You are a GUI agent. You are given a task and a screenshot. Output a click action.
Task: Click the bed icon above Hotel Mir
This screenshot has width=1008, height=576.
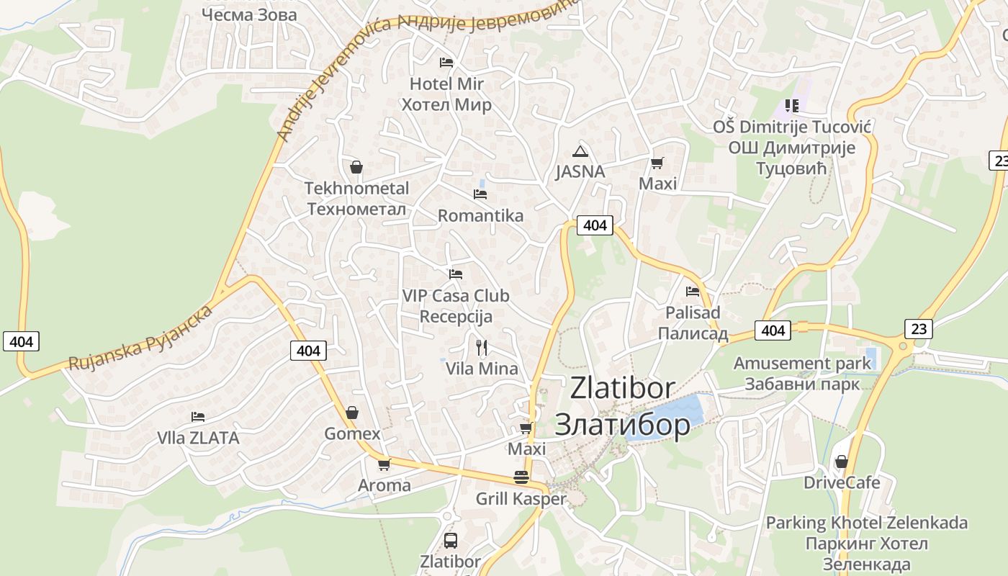point(446,63)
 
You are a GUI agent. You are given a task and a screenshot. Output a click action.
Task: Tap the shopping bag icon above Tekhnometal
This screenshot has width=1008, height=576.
point(356,168)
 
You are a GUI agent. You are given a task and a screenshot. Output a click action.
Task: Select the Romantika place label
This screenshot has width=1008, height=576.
point(480,215)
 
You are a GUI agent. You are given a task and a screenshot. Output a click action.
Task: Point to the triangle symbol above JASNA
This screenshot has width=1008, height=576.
point(580,151)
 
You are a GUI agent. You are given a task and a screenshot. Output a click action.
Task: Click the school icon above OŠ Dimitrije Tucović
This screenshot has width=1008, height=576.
point(792,106)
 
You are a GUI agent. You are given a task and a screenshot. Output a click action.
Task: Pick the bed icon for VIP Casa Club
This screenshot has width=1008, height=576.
point(455,274)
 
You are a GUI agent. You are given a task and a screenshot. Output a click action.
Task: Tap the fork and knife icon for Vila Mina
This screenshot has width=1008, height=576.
point(482,348)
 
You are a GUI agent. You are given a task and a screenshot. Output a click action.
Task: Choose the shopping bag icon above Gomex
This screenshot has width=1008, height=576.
point(352,413)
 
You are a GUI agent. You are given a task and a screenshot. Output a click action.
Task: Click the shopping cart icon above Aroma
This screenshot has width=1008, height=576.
point(384,464)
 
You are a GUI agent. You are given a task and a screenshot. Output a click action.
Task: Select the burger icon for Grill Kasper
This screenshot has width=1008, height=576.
point(521,477)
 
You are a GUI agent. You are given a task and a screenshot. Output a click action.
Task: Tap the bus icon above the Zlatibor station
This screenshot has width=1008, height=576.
point(451,540)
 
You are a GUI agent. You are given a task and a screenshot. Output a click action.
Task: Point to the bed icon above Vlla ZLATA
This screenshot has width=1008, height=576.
point(198,416)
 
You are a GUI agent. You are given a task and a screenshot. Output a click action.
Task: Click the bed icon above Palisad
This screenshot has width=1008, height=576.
point(693,292)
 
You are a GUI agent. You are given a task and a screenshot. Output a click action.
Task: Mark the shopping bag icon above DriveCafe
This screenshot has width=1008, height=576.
point(841,462)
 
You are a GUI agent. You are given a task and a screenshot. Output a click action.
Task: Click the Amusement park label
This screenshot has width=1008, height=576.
point(802,364)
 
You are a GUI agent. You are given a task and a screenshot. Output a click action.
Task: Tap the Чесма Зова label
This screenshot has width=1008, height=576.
point(249,14)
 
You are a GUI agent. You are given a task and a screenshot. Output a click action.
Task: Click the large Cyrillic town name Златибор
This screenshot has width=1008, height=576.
point(622,425)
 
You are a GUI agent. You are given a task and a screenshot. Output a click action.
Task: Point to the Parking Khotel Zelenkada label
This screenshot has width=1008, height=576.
point(866,523)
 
